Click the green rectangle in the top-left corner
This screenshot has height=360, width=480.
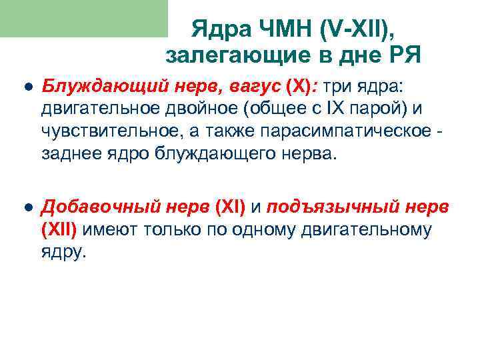[83, 18]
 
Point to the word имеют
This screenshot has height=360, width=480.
[111, 231]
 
